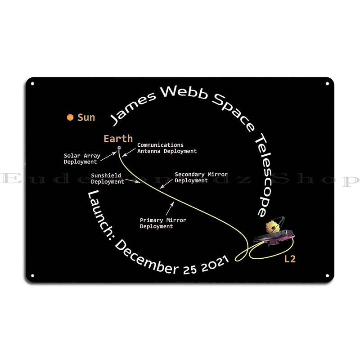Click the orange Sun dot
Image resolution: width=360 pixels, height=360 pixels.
(70, 117)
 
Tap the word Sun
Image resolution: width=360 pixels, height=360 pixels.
(86, 117)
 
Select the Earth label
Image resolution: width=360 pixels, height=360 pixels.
(118, 139)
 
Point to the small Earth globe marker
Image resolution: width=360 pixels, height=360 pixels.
(119, 148)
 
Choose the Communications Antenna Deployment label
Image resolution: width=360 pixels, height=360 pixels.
(166, 148)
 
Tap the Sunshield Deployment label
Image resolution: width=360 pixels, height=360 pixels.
(107, 179)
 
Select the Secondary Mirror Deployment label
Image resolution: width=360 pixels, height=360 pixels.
(201, 177)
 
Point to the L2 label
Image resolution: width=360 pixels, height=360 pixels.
(290, 259)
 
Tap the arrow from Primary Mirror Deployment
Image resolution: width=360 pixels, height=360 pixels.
(170, 209)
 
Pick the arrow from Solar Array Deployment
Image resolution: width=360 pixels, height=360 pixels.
(108, 155)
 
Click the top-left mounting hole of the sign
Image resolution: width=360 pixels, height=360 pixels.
(32, 84)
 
